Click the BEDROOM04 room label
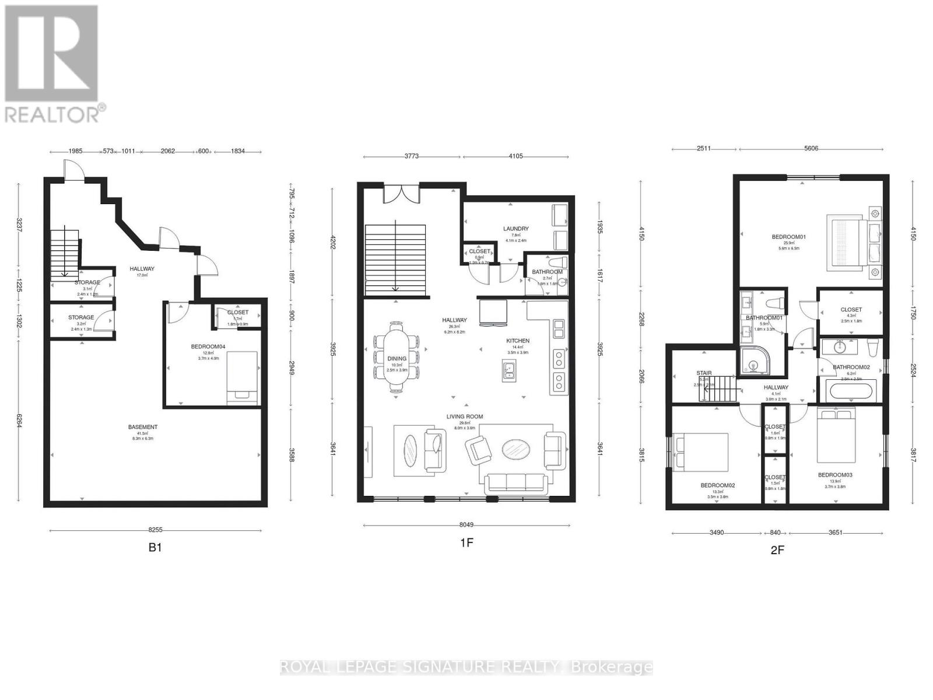(208, 346)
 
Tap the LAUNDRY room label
(515, 229)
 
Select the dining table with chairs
(397, 356)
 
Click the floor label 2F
(777, 549)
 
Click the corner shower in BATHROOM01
(755, 362)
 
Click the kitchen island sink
(508, 370)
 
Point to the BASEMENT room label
(143, 427)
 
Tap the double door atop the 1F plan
(401, 194)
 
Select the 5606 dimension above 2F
(811, 148)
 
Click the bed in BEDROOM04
(242, 377)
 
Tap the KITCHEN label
(517, 341)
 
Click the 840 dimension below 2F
(775, 533)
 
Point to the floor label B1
(155, 548)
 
